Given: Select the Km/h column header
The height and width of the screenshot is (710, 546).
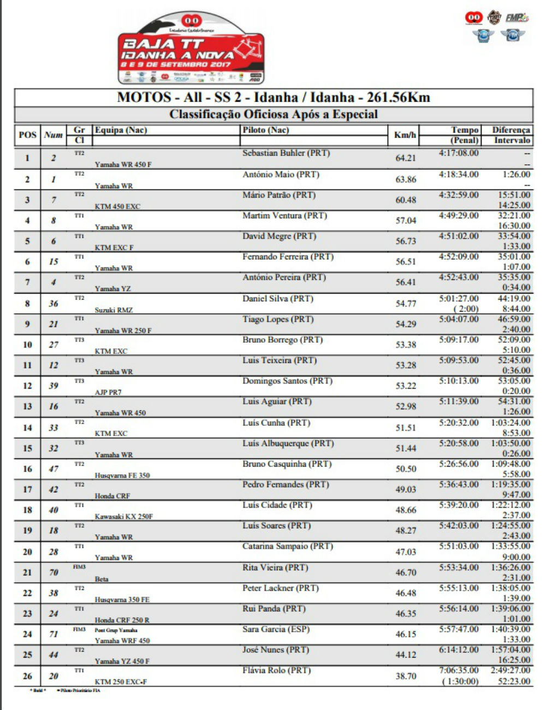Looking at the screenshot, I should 405,135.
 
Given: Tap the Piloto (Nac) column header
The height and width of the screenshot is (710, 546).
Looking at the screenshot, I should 266,130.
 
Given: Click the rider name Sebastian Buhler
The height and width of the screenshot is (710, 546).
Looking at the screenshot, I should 286,153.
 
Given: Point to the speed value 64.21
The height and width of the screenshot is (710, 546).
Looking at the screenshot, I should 406,158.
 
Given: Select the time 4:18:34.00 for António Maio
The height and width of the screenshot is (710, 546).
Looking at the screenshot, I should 459,174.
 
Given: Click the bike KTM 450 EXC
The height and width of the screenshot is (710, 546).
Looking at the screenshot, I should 117,206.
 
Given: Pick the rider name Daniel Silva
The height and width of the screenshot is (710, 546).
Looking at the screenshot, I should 278,299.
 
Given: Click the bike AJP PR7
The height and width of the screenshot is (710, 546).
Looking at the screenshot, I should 108,392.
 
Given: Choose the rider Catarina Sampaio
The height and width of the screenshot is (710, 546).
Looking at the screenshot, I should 288,546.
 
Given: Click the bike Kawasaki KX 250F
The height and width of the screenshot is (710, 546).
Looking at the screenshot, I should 124,516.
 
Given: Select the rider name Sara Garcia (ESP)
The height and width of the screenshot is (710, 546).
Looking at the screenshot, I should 276,629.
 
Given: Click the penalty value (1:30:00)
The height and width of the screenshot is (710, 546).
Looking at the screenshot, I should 460,681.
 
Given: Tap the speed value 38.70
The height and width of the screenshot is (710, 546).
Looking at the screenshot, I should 406,676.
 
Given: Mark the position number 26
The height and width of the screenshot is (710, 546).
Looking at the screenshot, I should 27,676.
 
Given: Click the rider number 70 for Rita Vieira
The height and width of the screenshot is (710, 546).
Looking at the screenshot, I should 54,572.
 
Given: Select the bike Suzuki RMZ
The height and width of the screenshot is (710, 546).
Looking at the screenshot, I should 114,310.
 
